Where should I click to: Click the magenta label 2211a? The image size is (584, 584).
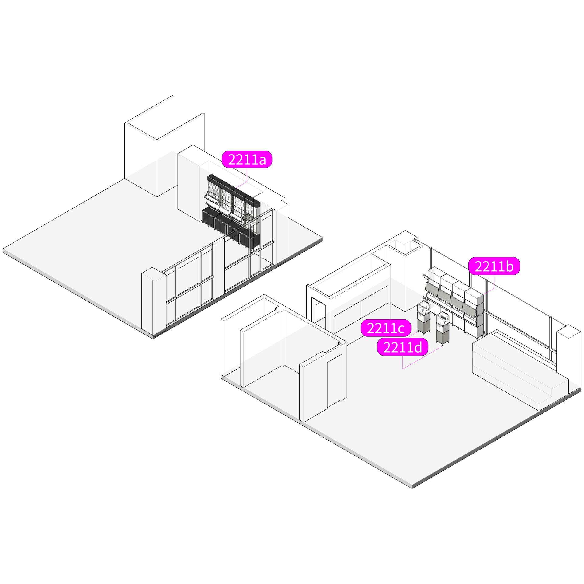pos(247,159)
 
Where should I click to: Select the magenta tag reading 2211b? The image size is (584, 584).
pos(494,266)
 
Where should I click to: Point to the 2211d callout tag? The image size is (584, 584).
pos(403,347)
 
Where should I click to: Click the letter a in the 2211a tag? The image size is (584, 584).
pos(261,160)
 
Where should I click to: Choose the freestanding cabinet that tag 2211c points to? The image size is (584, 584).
pos(424,318)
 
